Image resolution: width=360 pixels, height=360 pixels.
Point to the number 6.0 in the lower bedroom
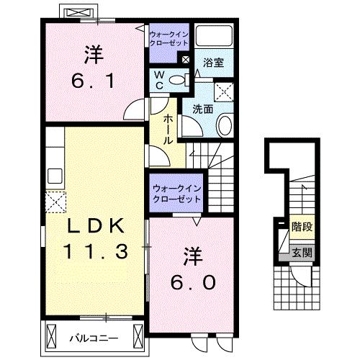(x=192, y=282)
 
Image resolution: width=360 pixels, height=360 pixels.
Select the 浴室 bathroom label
(x=212, y=63)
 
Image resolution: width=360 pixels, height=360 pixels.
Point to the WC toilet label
(x=160, y=80)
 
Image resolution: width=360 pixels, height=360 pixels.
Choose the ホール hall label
(x=167, y=129)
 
